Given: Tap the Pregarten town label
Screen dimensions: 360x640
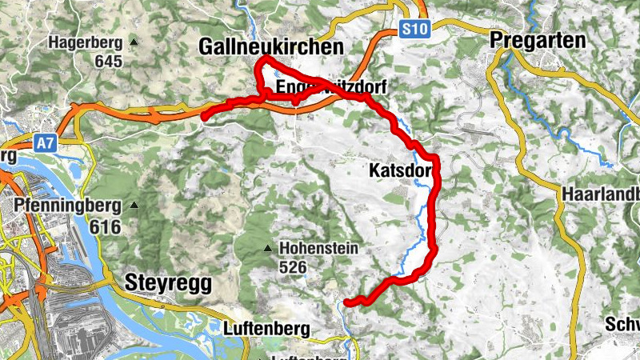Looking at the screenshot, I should [537, 40].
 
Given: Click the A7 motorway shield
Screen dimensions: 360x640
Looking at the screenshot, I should [46, 143].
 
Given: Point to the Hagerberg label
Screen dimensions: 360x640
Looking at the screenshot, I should [86, 42].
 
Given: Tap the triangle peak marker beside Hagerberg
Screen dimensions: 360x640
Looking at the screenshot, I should [134, 42].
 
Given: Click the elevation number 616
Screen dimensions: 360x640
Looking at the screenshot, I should [105, 227].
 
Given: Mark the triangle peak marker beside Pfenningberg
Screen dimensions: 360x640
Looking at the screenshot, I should [134, 206].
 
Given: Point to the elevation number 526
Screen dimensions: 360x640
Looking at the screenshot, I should [293, 268].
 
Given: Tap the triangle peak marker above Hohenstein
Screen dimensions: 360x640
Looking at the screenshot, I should [268, 249].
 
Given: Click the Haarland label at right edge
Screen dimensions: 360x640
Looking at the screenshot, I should [600, 194].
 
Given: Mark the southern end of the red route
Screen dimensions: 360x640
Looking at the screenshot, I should [346, 302].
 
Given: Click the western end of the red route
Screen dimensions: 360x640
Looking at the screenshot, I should [204, 118].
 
